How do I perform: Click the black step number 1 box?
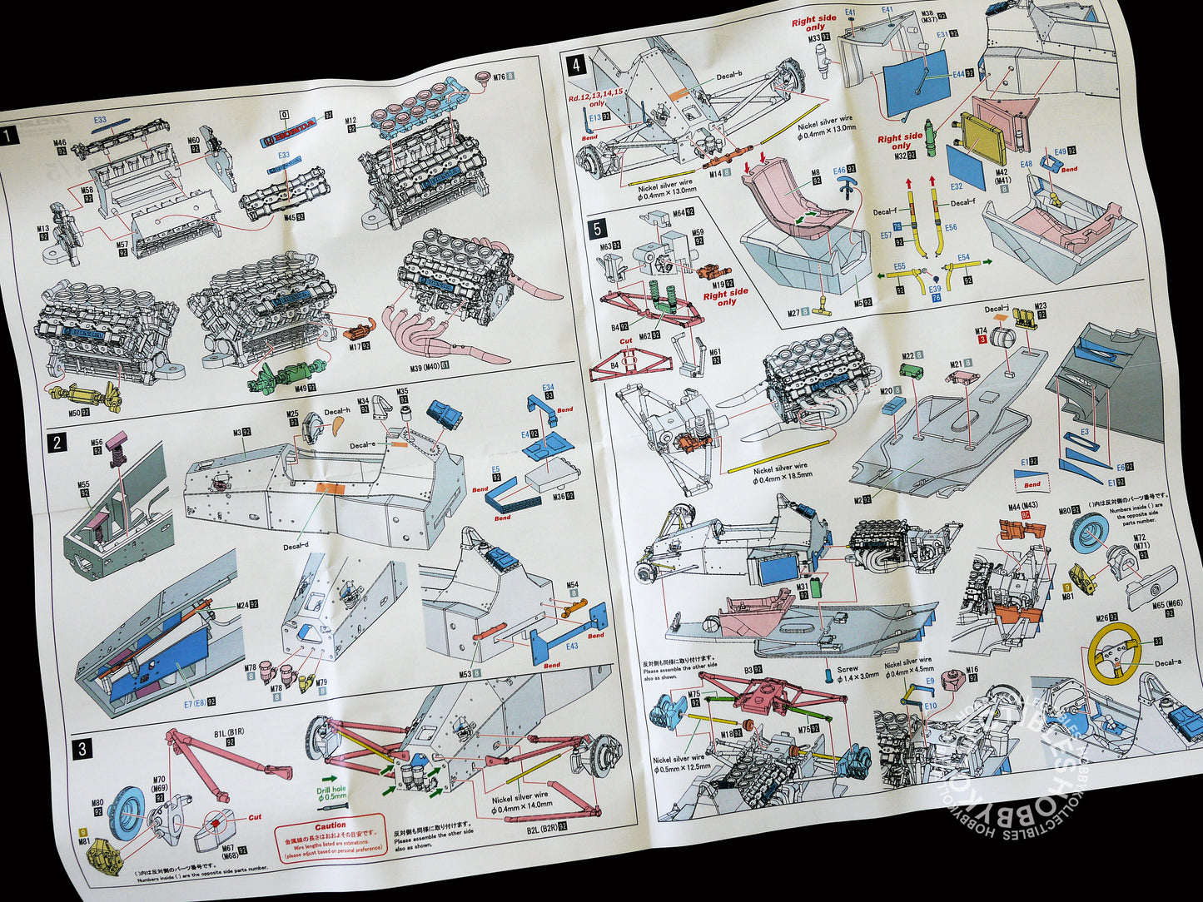point(10,136)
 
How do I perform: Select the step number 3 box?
point(82,748)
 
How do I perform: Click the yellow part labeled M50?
point(83,395)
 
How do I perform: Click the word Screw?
point(848,668)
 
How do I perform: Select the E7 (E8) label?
point(186,702)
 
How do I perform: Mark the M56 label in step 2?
point(97,443)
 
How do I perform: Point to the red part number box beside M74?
point(982,339)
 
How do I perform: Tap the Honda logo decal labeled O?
point(287,139)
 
